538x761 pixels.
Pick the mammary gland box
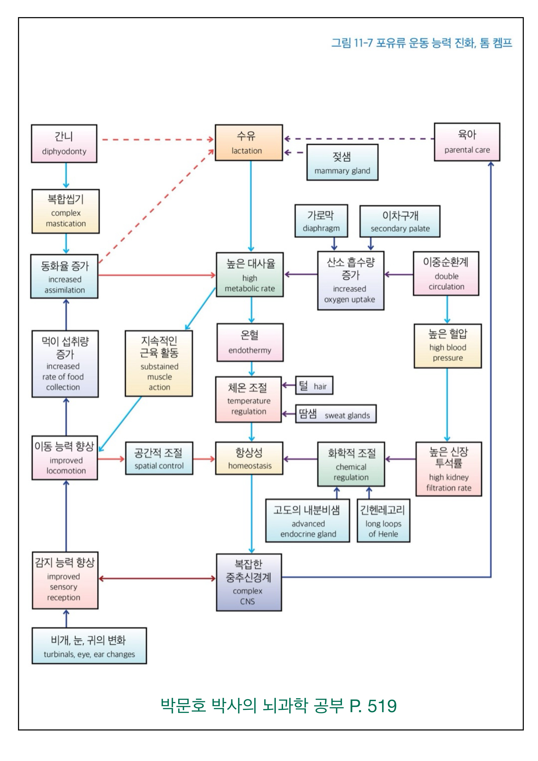tap(342, 162)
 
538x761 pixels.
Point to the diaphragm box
tap(321, 221)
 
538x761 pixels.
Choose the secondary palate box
tap(400, 221)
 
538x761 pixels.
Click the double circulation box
tap(446, 273)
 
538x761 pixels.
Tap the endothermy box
tap(250, 342)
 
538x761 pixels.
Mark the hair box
tap(314, 386)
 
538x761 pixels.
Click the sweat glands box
tap(336, 414)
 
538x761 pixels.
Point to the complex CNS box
tap(249, 582)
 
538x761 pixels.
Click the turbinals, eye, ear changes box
tap(89, 646)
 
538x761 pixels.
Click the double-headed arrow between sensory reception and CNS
tap(157, 579)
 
